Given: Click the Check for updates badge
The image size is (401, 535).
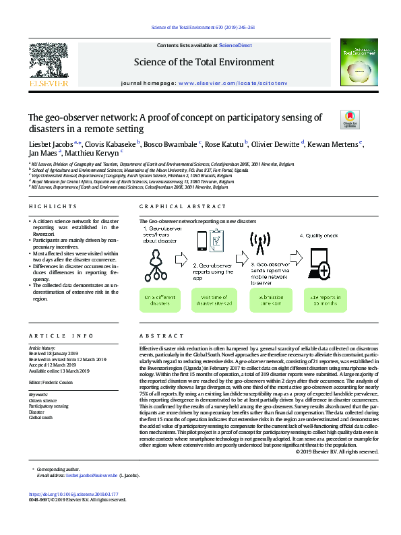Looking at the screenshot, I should click(349, 120).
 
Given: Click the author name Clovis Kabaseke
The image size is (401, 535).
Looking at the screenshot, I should click(112, 144).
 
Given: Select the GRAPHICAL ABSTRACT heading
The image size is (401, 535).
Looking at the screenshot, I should click(177, 206).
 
